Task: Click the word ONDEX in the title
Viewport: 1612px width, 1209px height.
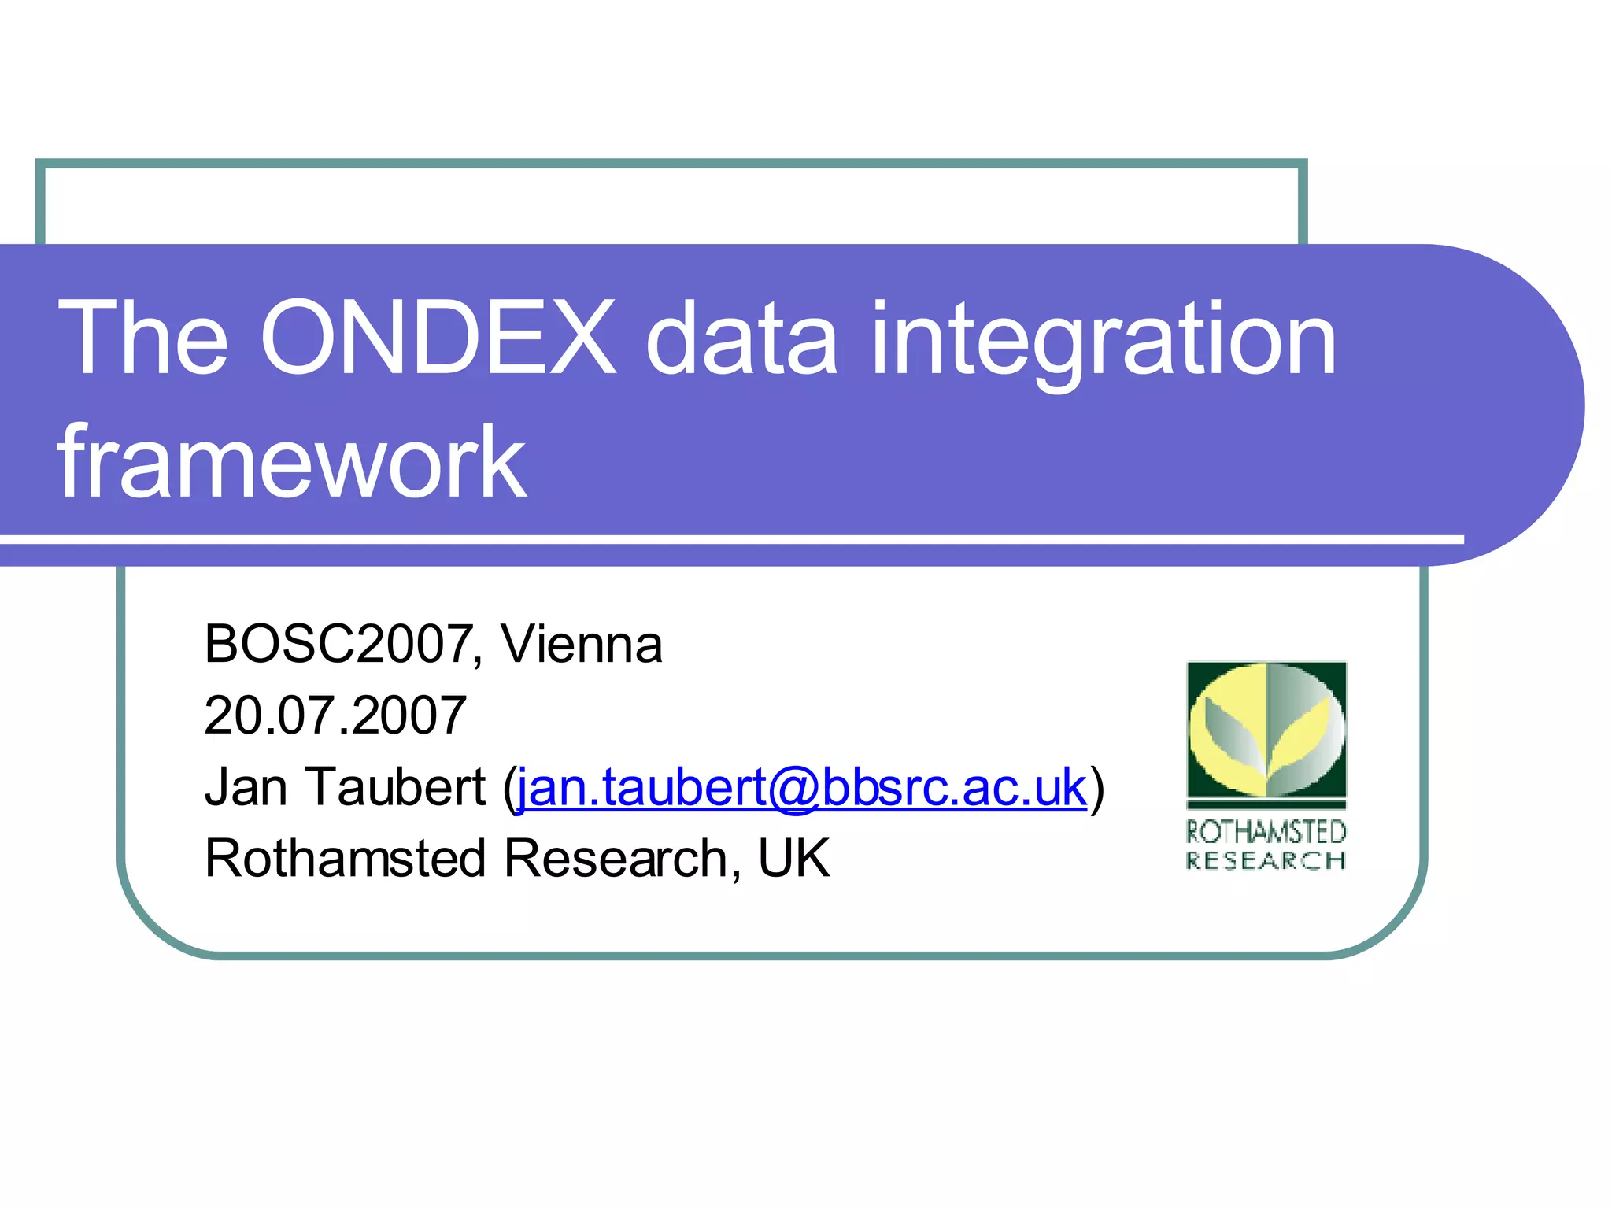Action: pos(438,338)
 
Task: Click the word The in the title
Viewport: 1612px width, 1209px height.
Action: pos(143,338)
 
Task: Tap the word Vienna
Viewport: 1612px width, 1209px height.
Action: pos(582,644)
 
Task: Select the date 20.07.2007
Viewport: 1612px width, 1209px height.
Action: pos(335,715)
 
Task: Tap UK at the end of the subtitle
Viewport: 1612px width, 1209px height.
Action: pos(793,858)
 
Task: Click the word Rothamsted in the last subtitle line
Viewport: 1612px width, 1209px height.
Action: pos(345,858)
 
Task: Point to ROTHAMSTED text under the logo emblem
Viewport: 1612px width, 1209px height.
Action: pos(1266,832)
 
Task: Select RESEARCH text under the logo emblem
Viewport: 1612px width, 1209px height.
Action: pos(1266,860)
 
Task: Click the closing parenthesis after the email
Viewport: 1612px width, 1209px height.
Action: pos(1097,787)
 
